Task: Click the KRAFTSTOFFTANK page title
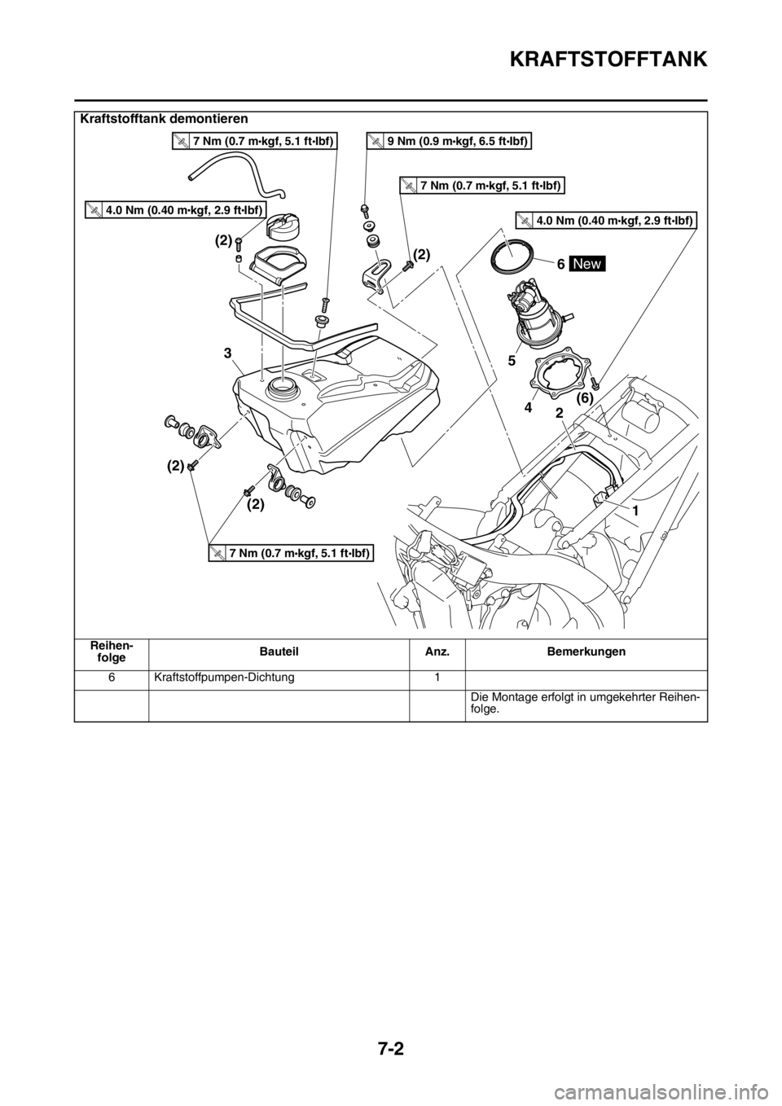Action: pos(608,59)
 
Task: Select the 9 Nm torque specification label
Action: pos(450,142)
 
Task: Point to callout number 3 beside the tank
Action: pos(226,353)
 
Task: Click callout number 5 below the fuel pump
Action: pos(511,362)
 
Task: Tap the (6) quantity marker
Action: pos(585,396)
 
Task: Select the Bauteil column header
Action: pos(279,652)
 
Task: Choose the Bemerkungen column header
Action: pos(586,652)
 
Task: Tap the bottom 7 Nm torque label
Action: pos(290,554)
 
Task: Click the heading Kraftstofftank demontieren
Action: pos(164,119)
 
